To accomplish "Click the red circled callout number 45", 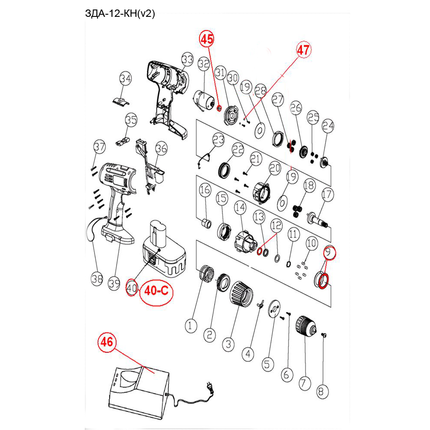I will coord(206,39).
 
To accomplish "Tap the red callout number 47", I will coord(303,50).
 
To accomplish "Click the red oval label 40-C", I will coord(156,291).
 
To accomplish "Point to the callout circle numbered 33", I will coord(187,59).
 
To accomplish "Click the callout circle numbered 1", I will coord(191,325).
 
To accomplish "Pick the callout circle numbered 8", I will coord(321,392).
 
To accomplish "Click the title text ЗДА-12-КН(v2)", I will coord(120,14).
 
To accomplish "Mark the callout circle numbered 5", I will coord(269,364).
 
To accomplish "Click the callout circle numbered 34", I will coord(125,79).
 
